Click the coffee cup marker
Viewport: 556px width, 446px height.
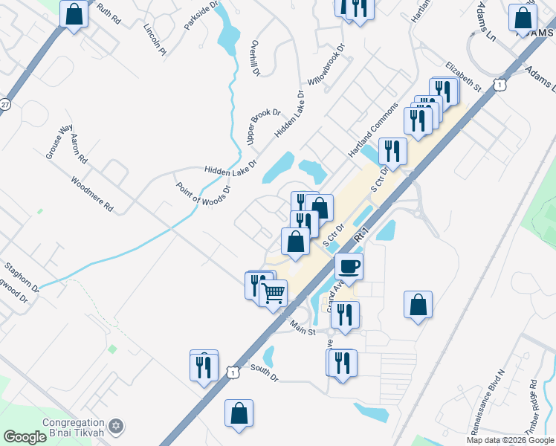[348, 265]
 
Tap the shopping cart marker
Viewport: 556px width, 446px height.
[274, 294]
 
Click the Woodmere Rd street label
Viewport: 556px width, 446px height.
[92, 194]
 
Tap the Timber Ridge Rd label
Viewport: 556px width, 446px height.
[534, 402]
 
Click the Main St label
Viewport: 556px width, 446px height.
[303, 326]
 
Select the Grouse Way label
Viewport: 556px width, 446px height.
[55, 146]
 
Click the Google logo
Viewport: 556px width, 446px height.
[25, 437]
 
